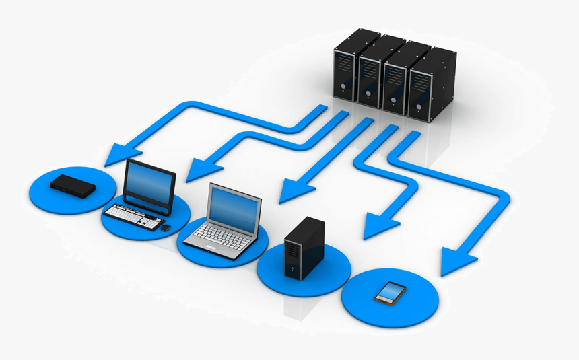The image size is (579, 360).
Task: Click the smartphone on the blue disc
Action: pyautogui.click(x=390, y=292)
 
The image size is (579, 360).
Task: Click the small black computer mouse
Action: pyautogui.click(x=166, y=227)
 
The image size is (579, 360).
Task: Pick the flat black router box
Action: pyautogui.click(x=73, y=185)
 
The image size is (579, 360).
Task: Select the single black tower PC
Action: pyautogui.click(x=304, y=247)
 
